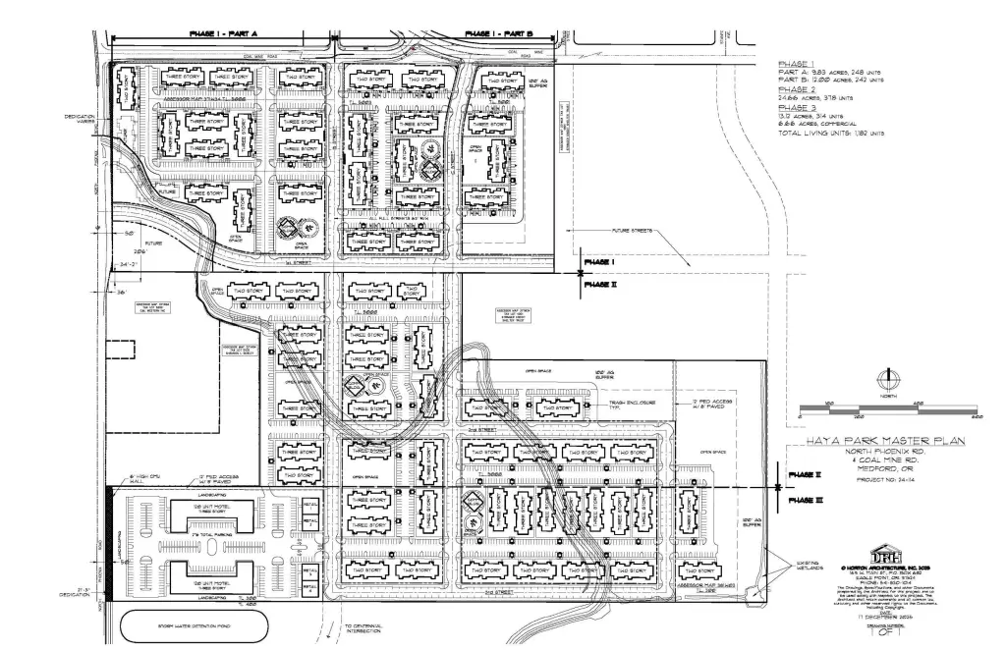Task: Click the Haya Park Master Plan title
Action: point(884,441)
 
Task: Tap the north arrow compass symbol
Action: point(889,378)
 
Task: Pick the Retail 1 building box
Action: point(307,505)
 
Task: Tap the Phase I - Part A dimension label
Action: point(223,34)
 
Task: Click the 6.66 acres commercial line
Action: point(822,123)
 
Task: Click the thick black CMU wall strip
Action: point(109,543)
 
